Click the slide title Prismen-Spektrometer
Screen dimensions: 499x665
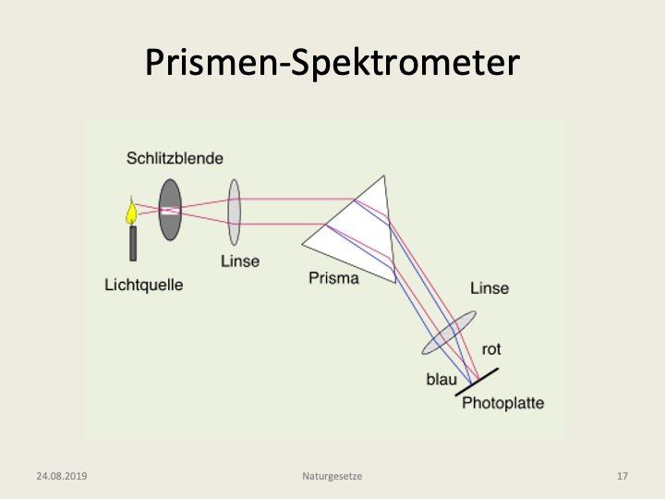[x=332, y=62]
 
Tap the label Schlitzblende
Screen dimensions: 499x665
[x=175, y=158]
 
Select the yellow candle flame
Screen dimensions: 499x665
[x=132, y=213]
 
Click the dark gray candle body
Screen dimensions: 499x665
[x=133, y=243]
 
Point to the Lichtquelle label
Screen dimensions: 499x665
[x=143, y=285]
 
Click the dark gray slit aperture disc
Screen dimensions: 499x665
[x=170, y=209]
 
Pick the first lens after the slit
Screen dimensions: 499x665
[x=235, y=212]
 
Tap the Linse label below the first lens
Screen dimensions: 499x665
[x=239, y=261]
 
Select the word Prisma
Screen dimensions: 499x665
[x=333, y=277]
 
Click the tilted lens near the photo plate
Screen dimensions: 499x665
[x=449, y=333]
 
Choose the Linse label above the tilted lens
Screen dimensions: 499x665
[x=489, y=288]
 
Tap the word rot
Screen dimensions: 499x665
[x=491, y=349]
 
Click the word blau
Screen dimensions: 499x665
[x=441, y=379]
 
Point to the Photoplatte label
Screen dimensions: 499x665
[x=502, y=403]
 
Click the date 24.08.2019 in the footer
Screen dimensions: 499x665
[x=61, y=476]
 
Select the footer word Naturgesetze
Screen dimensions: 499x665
[x=332, y=476]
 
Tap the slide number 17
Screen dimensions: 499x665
[x=622, y=476]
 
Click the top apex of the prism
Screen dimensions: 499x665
[x=380, y=176]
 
